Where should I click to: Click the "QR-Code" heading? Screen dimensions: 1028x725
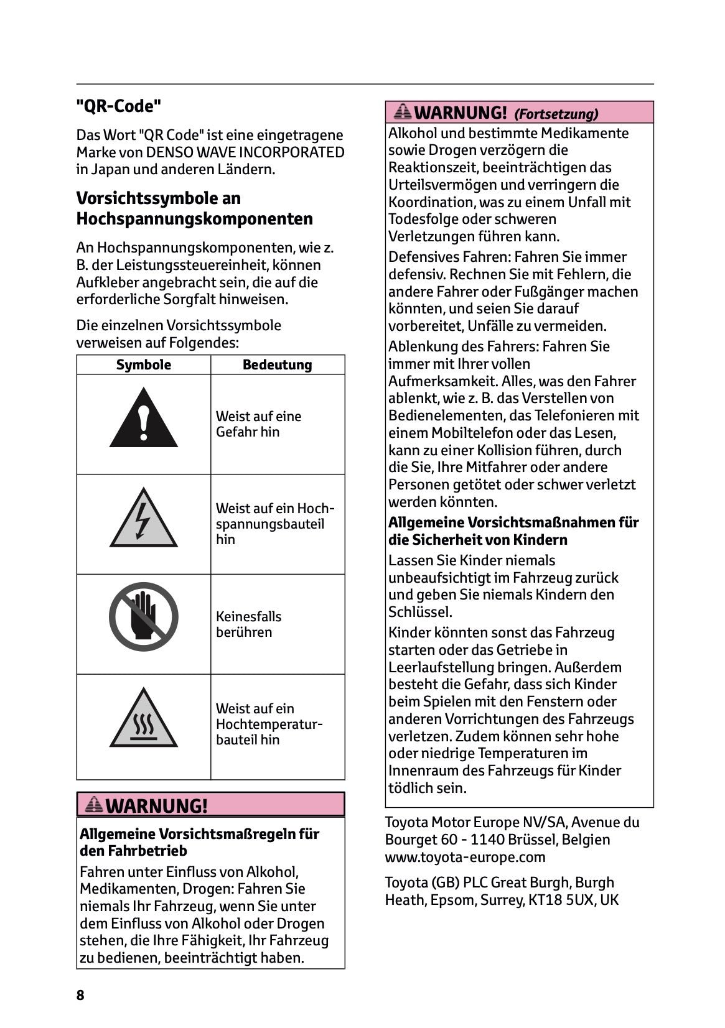click(x=118, y=106)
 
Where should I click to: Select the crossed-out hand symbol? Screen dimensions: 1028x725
click(x=144, y=617)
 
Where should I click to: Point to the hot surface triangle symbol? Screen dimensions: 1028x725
click(x=144, y=720)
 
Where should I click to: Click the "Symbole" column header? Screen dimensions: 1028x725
click(x=144, y=365)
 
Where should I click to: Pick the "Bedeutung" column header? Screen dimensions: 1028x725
click(x=277, y=365)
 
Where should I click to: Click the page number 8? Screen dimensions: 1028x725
click(x=80, y=995)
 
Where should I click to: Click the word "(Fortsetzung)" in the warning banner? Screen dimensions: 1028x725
click(x=556, y=114)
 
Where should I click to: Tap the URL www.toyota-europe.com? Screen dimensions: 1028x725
click(x=465, y=857)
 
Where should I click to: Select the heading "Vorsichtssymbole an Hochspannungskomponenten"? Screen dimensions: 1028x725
click(x=194, y=208)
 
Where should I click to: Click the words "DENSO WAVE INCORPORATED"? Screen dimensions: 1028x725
click(x=245, y=152)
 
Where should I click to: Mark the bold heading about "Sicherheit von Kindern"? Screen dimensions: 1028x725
click(x=513, y=531)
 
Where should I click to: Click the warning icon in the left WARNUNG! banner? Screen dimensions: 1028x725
click(x=94, y=805)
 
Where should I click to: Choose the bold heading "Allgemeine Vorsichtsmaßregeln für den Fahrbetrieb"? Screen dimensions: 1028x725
click(x=199, y=842)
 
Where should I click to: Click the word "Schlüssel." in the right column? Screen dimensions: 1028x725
click(x=420, y=612)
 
